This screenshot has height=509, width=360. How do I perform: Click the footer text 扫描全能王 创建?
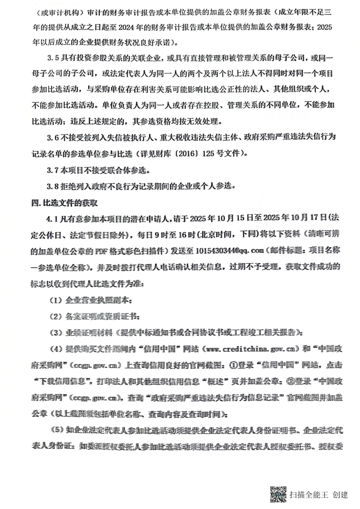pos(318,494)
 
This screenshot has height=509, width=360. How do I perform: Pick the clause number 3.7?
pos(53,169)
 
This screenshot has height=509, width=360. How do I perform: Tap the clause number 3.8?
pos(53,186)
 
